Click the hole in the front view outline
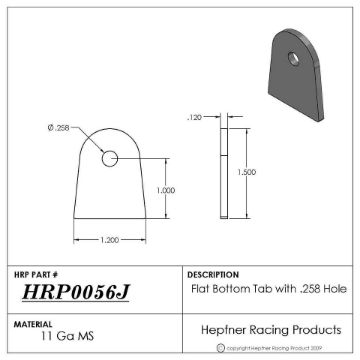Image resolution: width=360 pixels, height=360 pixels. coord(110,157)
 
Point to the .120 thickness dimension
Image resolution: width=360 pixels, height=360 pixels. coord(195,118)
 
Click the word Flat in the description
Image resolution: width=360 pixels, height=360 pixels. coord(200,286)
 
